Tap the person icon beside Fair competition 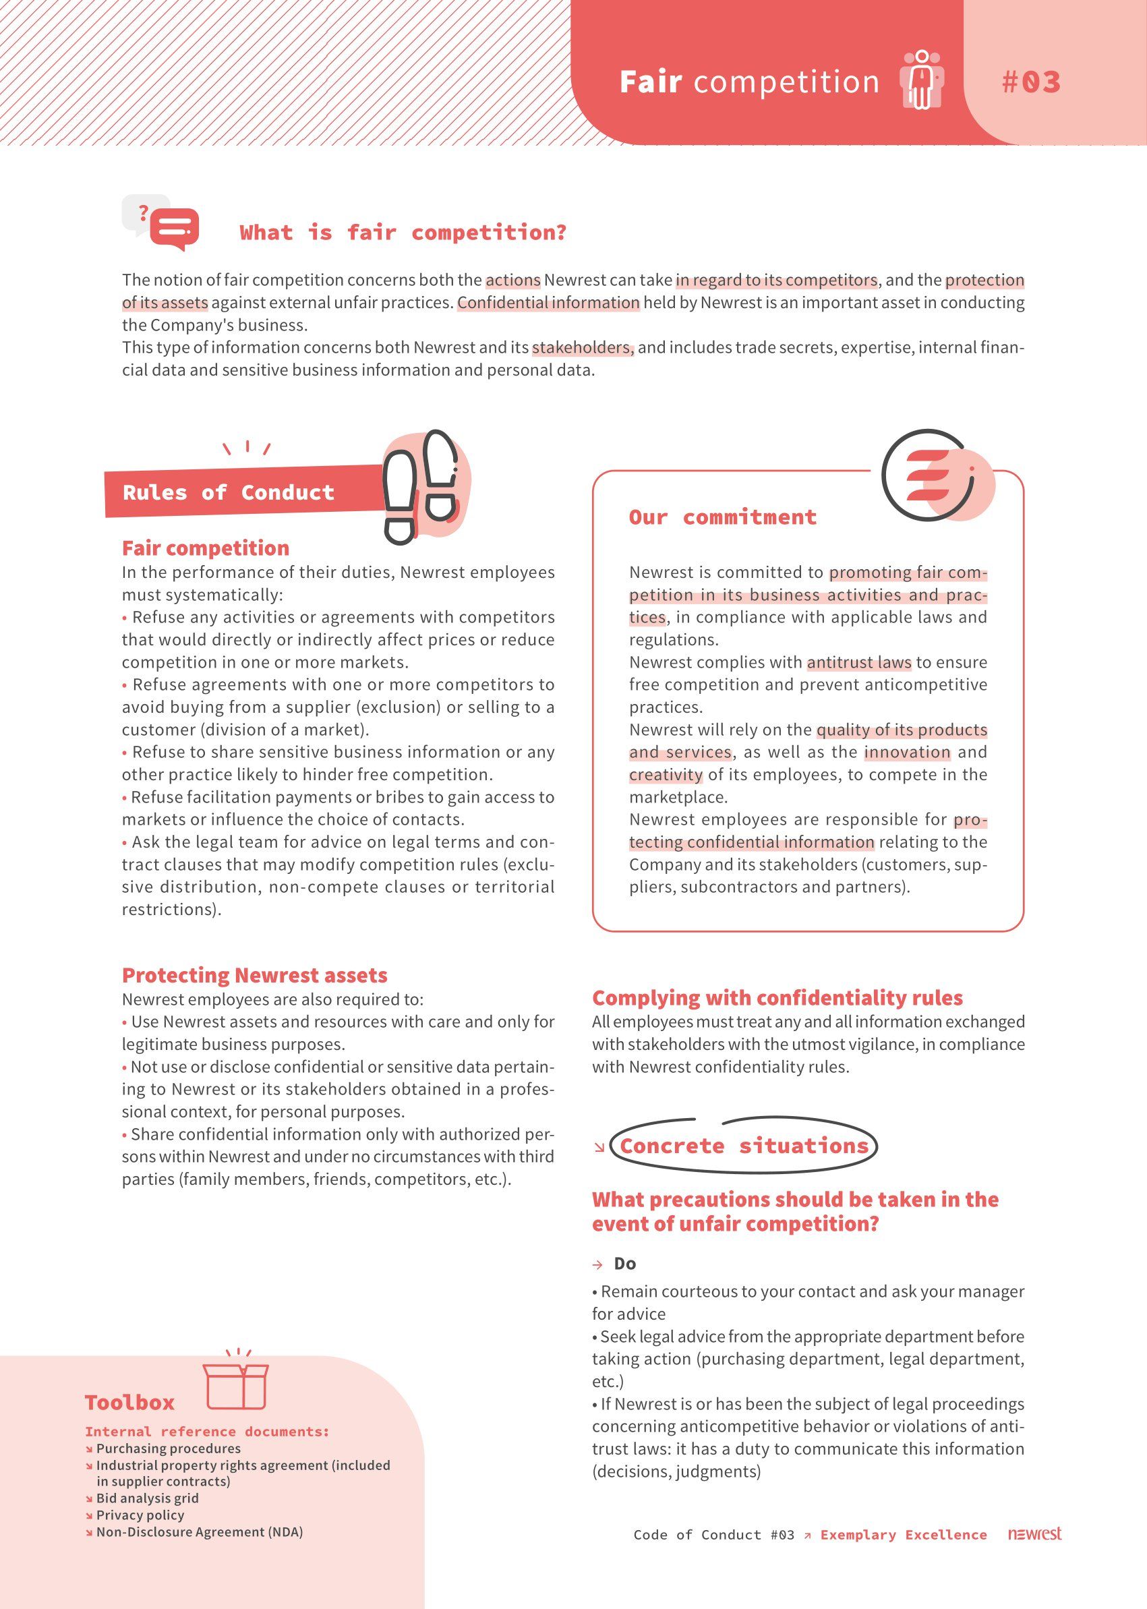pos(921,80)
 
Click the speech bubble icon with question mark pos(162,223)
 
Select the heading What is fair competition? pos(403,233)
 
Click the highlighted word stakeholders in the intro pos(583,347)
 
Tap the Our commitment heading pos(723,517)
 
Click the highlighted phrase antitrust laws pos(859,662)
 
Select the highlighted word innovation pos(907,752)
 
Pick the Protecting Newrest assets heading pos(254,974)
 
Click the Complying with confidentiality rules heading pos(777,997)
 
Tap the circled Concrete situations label pos(744,1145)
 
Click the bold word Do pos(625,1264)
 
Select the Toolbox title pos(129,1402)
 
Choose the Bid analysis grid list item pos(147,1498)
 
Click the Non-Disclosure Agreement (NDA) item pos(199,1532)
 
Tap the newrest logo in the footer pos(1034,1533)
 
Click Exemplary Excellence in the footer pos(904,1535)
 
